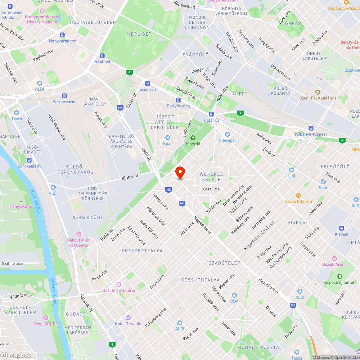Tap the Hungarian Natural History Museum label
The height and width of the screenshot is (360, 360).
coord(42,19)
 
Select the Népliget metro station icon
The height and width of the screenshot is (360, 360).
coord(102,56)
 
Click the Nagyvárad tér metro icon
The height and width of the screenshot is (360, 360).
coord(62,35)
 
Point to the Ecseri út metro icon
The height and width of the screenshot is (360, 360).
coord(148,83)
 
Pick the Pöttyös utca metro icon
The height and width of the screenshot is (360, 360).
coord(178,100)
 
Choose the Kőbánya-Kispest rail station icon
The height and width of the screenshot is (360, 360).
coord(311,128)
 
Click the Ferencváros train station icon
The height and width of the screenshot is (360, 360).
coord(64,96)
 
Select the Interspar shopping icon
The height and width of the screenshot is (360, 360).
coord(228,134)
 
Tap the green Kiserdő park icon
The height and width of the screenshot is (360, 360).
coord(193,138)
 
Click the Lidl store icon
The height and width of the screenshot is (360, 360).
coord(291,170)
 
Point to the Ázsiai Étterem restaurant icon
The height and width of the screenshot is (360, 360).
coord(298,195)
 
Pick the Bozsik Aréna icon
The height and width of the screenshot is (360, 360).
coord(334,258)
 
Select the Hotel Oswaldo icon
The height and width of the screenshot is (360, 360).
coord(128,318)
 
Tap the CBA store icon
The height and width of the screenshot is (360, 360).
coord(234,295)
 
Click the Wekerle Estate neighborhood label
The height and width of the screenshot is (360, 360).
coord(211,177)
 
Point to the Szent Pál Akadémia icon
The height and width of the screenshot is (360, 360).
coord(318,92)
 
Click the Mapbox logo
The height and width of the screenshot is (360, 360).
coord(16,355)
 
